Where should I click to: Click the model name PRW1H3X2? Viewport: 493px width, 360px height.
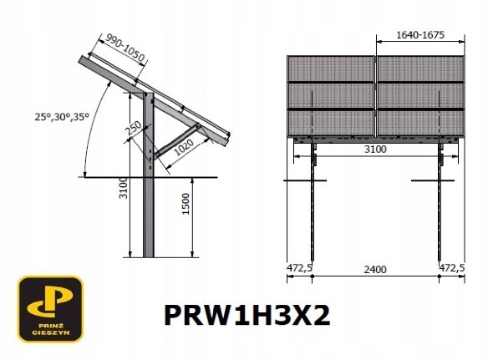coord(247,316)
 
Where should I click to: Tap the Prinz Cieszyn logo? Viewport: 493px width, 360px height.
coord(50,309)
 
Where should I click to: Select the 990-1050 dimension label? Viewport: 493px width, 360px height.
coord(125,48)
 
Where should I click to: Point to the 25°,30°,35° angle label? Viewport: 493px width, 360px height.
coord(62,117)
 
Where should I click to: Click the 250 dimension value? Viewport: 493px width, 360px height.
coord(135,128)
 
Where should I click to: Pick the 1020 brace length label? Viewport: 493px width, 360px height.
coord(184,148)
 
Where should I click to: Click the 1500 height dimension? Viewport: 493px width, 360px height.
coord(186,204)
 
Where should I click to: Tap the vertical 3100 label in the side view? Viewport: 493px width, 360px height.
coord(124,188)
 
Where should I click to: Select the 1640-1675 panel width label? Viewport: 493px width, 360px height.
coord(420,35)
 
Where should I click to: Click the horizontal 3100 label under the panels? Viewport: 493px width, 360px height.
coord(375,149)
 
